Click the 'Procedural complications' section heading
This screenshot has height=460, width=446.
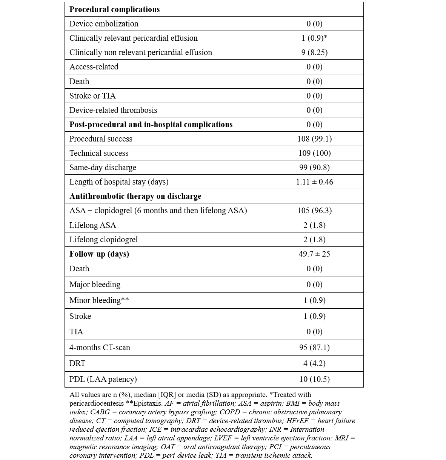tap(114, 9)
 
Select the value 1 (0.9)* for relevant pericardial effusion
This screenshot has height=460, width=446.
tap(314, 38)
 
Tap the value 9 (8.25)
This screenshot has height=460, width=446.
tap(314, 52)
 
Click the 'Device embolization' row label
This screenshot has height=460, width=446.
tap(104, 24)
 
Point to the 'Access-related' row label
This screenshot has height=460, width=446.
tap(94, 67)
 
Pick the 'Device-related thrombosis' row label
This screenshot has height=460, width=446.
tap(113, 110)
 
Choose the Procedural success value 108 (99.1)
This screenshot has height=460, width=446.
tap(314, 139)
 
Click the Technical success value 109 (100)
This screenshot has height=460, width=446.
tap(314, 153)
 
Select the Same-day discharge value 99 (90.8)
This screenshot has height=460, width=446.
tap(314, 168)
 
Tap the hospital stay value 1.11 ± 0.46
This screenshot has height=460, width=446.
tap(314, 182)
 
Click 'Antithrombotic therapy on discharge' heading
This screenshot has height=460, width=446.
tap(135, 196)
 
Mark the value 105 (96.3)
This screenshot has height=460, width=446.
tap(314, 211)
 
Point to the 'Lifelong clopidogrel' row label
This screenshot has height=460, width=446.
tap(103, 240)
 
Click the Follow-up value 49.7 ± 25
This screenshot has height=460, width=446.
tap(314, 254)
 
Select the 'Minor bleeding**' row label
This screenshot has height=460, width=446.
tap(99, 300)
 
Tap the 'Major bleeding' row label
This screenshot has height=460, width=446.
tap(95, 285)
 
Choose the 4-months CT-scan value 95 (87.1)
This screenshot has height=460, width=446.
tap(314, 348)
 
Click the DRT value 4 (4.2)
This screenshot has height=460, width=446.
tap(314, 363)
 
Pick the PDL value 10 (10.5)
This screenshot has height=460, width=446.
tap(314, 379)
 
